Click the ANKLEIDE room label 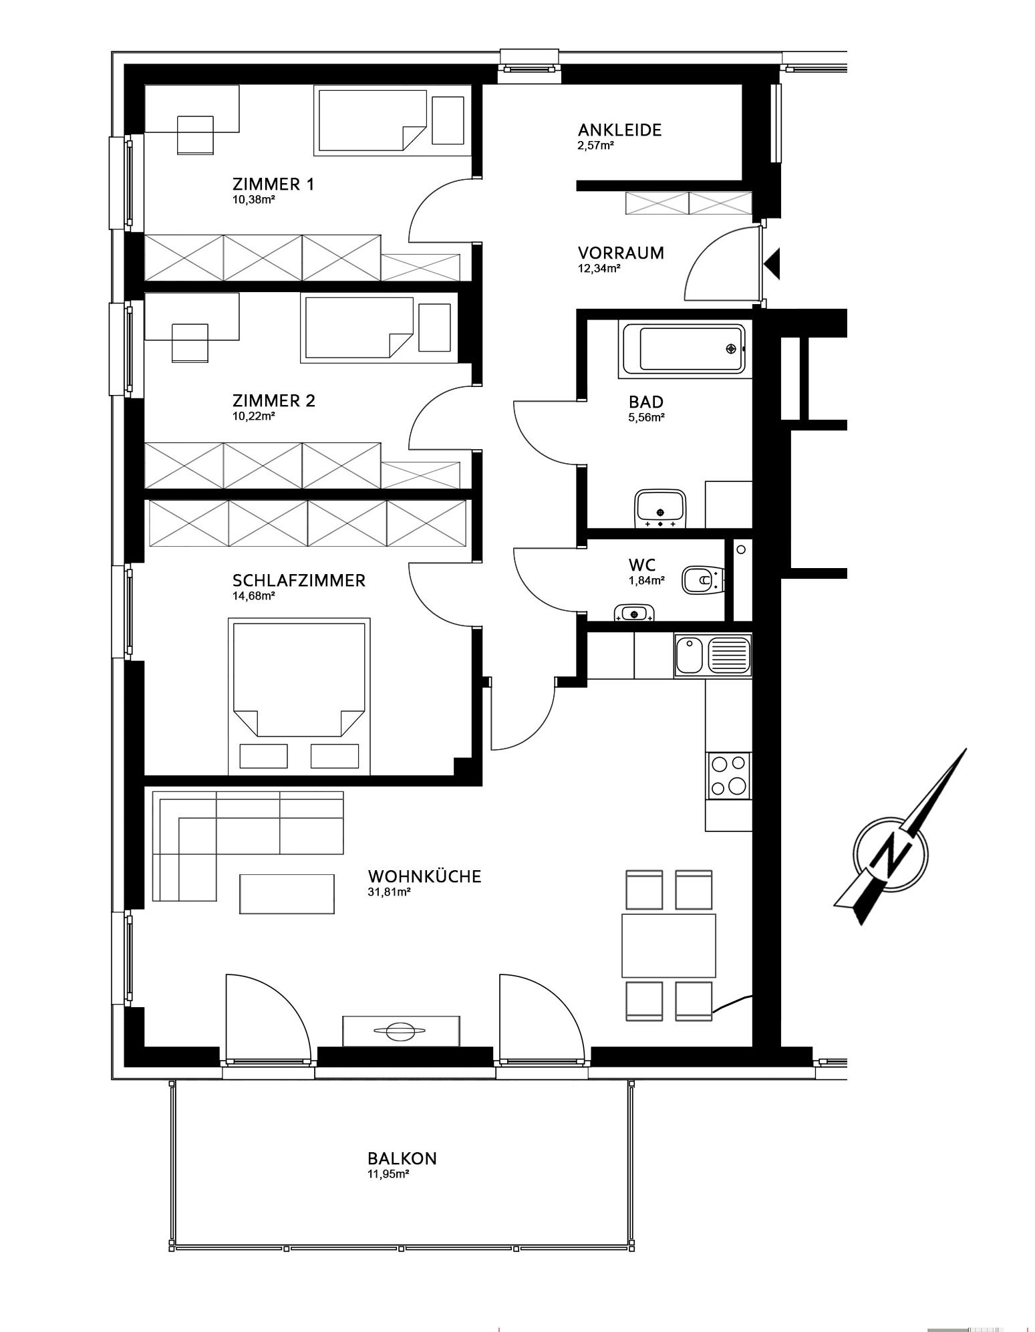pos(619,130)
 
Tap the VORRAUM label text pos(621,253)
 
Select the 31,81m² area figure pos(389,892)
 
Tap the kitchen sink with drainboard pos(713,656)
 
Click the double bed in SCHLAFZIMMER pos(299,696)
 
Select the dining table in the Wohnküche pos(669,946)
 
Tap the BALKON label pos(402,1158)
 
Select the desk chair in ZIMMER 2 pos(190,342)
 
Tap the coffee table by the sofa pos(287,894)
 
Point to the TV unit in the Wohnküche pos(401,1031)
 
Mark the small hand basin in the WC pos(634,612)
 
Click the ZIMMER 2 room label pos(273,401)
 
